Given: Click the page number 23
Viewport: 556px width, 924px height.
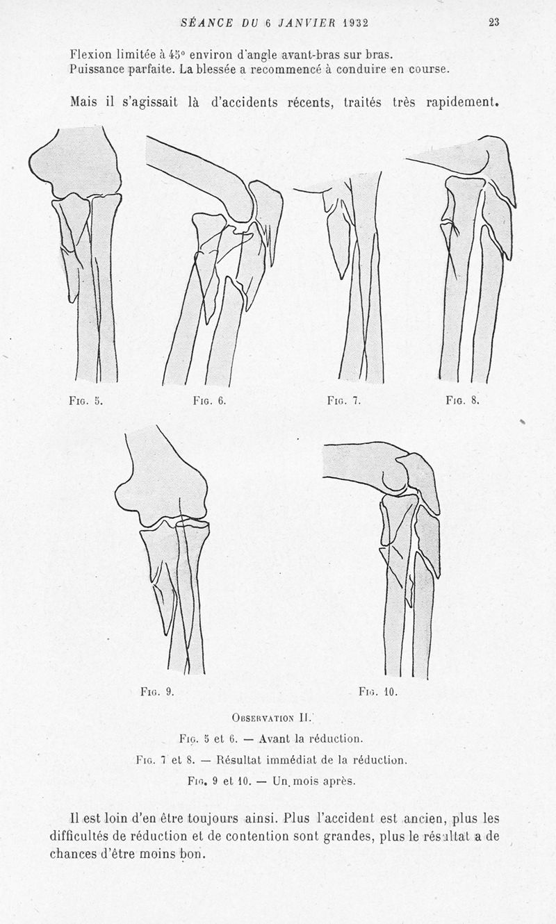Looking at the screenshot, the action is coord(494,22).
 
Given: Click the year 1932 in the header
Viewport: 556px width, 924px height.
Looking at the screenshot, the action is coord(355,23).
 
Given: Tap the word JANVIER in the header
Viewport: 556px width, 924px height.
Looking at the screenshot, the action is coord(306,23).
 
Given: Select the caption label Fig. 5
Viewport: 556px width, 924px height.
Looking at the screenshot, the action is coord(85,401).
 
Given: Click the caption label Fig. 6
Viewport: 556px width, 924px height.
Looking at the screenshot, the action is coord(210,401).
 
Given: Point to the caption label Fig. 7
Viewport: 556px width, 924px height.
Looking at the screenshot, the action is coord(344,401).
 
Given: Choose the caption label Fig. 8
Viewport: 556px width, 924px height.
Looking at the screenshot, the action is coord(462,400).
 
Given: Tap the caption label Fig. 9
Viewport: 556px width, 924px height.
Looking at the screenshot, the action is coord(157,692).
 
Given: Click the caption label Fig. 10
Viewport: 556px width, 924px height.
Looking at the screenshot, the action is coord(378,692).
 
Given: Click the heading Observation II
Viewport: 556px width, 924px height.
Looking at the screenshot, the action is coord(271,718).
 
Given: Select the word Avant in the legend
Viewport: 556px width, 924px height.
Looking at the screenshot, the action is coord(275,739).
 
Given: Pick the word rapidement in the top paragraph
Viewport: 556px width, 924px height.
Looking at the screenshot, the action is coord(462,102).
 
